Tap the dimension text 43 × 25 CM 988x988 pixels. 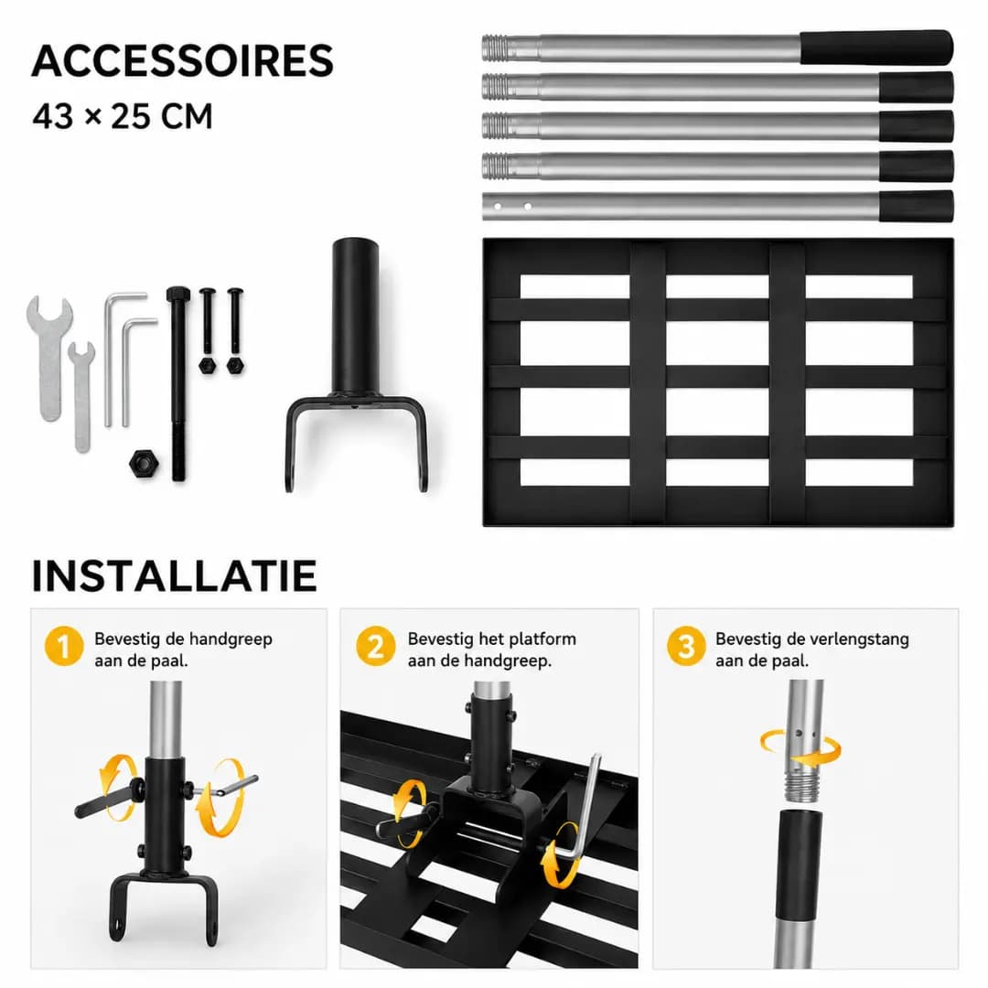[x=123, y=116]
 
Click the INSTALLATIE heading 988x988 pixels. [x=174, y=575]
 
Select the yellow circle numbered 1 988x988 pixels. [x=64, y=646]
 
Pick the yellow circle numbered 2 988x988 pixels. [x=376, y=646]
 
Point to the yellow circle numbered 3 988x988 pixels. [x=686, y=646]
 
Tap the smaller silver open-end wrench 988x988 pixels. [x=82, y=396]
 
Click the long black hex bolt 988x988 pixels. [x=178, y=383]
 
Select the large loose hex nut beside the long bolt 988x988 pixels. [x=144, y=464]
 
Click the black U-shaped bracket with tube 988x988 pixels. [x=355, y=364]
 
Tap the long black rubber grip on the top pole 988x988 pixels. [x=876, y=48]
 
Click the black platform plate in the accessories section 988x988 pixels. [x=718, y=381]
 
